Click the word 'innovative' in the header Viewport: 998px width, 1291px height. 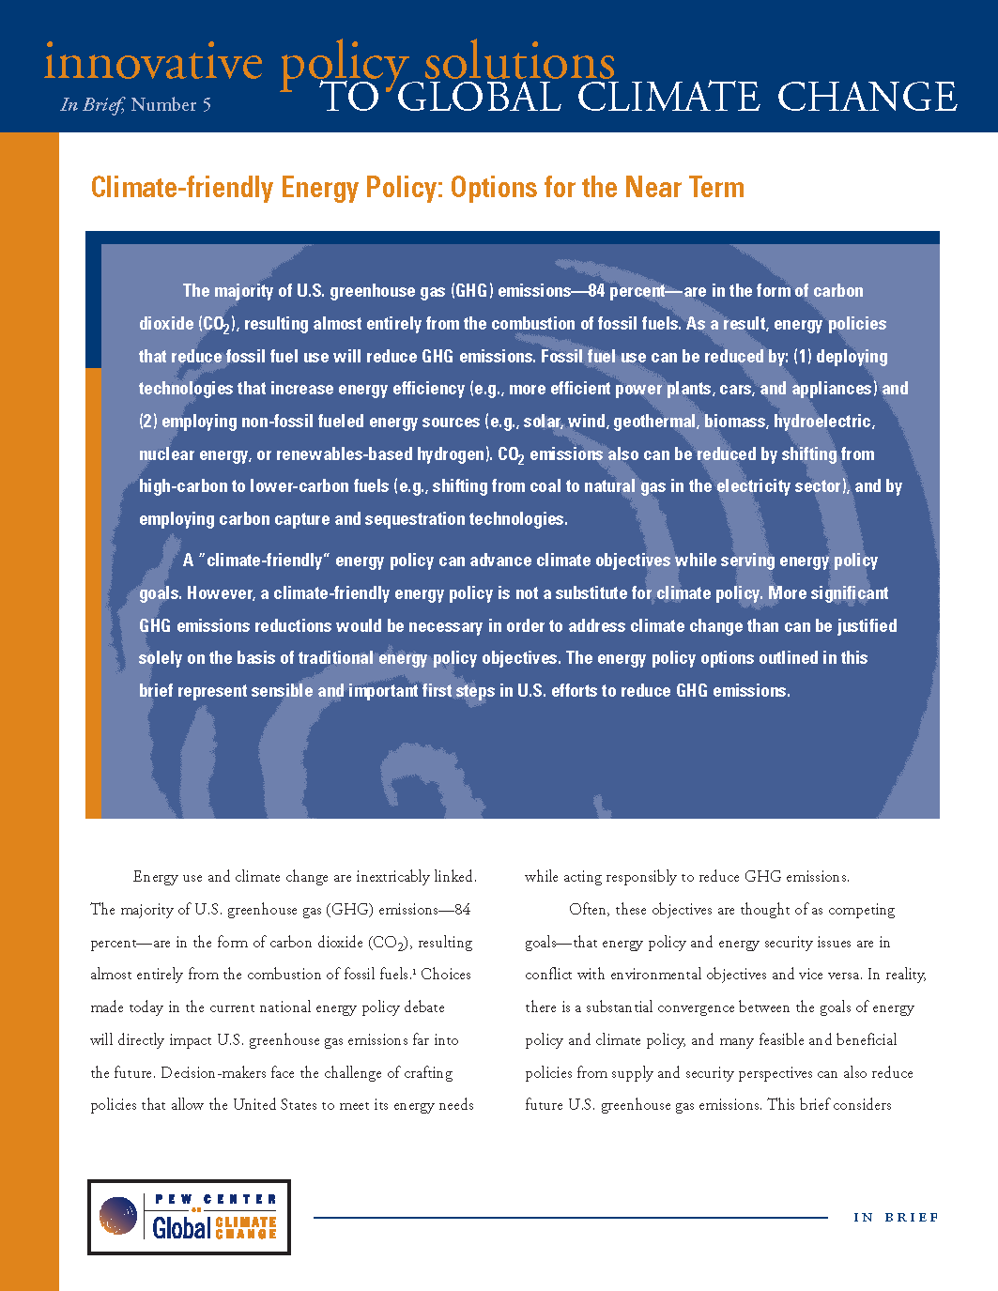pos(153,63)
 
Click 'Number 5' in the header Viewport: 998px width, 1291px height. pos(171,105)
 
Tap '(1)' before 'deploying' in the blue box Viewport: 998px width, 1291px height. pos(802,357)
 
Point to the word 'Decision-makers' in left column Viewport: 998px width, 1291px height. pos(213,1072)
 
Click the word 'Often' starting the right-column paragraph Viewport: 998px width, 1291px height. pos(588,910)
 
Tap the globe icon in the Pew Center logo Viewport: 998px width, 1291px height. pos(118,1216)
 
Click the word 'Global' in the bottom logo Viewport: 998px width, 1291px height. pos(181,1226)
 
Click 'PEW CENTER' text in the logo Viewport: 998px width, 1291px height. pos(216,1199)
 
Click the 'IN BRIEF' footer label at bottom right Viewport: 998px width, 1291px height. pos(896,1218)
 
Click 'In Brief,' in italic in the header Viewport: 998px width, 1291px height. pos(91,105)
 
